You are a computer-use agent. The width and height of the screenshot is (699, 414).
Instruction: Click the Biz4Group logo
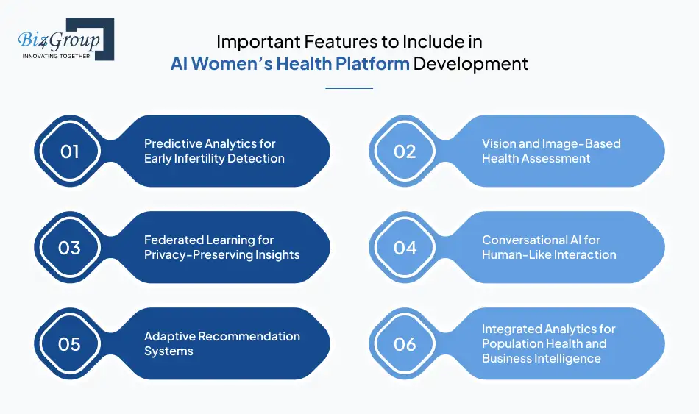click(x=65, y=39)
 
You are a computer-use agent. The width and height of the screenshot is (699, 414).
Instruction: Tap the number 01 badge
click(x=69, y=151)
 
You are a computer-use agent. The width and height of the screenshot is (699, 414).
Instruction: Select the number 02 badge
click(x=405, y=151)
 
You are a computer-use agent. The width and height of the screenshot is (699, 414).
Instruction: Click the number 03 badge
click(x=69, y=248)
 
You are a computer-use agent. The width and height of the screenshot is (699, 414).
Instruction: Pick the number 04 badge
click(x=405, y=248)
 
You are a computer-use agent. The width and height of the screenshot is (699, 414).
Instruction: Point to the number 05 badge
click(x=69, y=343)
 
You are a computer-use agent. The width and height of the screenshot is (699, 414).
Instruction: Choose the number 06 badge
click(x=405, y=343)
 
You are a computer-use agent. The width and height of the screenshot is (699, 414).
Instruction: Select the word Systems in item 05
click(x=168, y=351)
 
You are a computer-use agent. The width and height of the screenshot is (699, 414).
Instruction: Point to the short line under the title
click(x=349, y=88)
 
